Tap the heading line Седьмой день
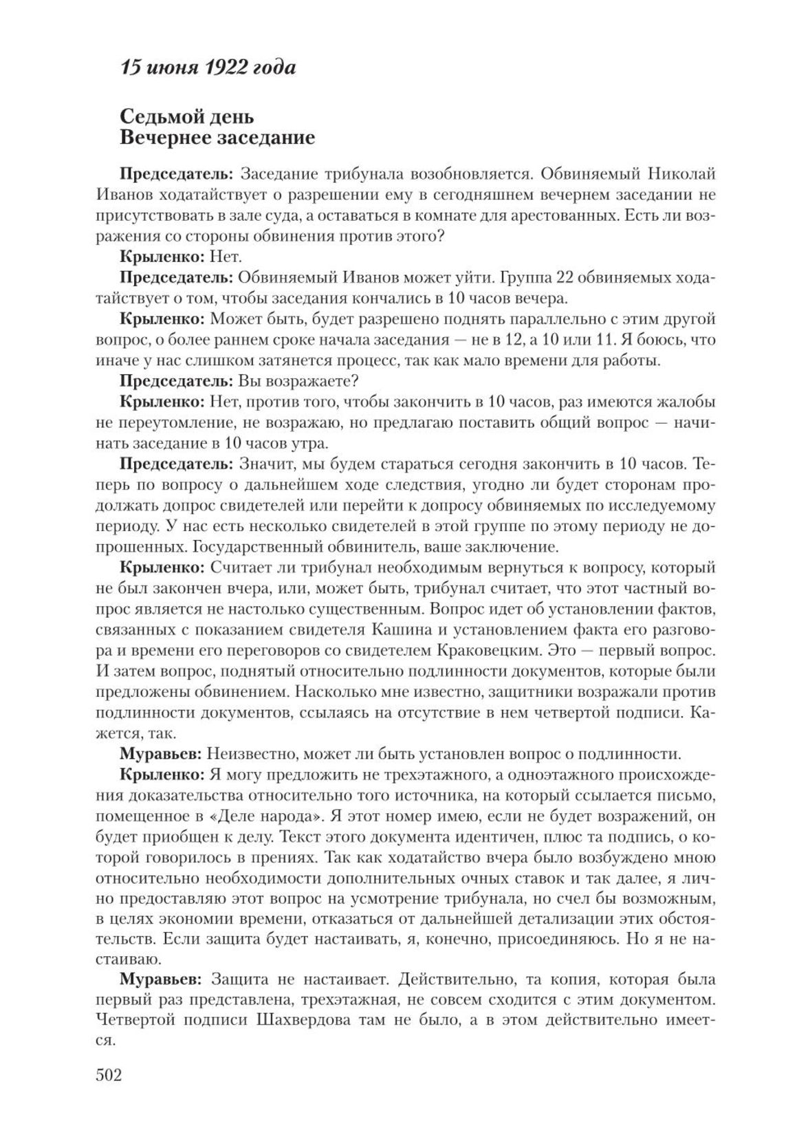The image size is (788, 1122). point(186,116)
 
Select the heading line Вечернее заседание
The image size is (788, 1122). point(217,138)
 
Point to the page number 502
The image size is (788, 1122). point(109,1075)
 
